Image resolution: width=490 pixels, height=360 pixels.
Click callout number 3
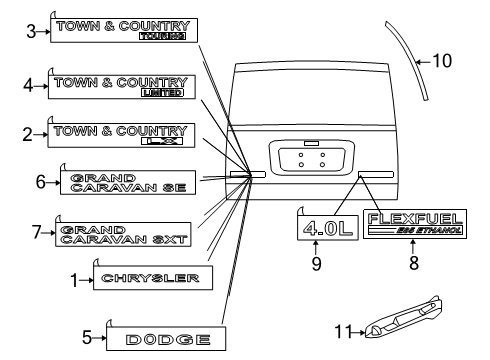click(31, 31)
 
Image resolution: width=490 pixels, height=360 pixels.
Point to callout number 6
click(41, 183)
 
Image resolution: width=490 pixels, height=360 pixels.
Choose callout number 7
click(36, 232)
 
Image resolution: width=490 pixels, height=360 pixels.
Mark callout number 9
click(317, 265)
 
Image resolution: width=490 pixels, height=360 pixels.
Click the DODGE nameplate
click(169, 340)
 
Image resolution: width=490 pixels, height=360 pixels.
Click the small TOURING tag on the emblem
click(164, 37)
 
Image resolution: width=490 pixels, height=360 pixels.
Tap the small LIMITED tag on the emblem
click(163, 93)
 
